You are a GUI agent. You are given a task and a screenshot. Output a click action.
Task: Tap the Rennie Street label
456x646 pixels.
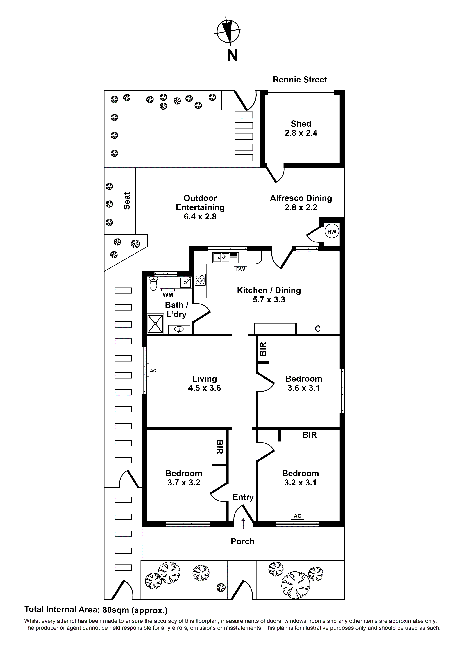click(300, 80)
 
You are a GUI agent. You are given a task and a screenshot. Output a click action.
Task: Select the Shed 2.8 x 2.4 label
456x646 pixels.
click(301, 128)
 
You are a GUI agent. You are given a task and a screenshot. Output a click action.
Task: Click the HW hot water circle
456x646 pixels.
click(332, 232)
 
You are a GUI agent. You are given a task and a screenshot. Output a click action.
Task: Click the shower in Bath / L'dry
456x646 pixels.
click(155, 324)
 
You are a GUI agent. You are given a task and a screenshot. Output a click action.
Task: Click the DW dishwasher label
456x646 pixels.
click(241, 270)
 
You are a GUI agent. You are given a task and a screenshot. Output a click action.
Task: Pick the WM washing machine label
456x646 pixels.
click(168, 295)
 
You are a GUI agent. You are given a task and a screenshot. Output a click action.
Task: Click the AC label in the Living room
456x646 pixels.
click(153, 371)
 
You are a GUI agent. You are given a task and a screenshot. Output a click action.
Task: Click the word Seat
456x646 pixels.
click(127, 201)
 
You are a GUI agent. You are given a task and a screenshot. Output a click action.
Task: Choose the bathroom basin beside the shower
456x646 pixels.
click(179, 329)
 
